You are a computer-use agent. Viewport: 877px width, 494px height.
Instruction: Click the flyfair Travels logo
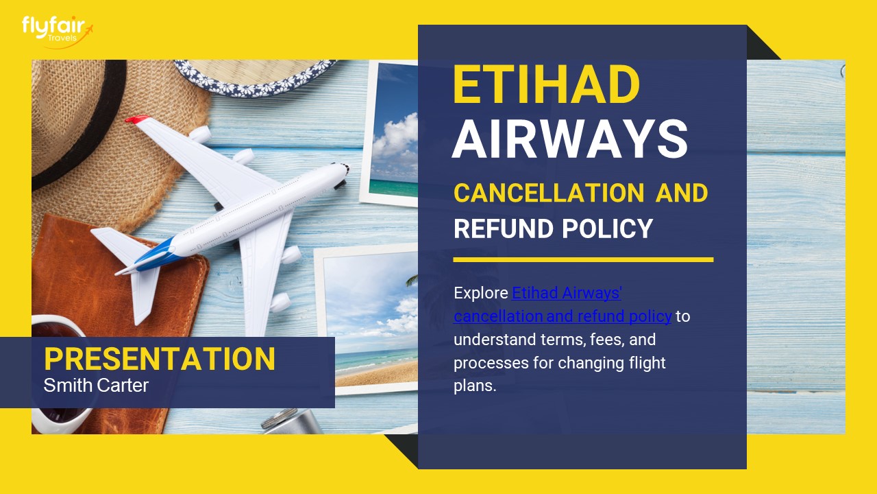56,30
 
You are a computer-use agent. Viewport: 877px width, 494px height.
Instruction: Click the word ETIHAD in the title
546,85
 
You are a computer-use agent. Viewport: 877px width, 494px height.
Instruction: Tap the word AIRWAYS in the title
569,139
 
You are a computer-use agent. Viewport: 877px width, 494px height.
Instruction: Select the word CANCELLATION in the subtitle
548,193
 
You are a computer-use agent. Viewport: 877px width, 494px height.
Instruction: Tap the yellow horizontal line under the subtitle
583,260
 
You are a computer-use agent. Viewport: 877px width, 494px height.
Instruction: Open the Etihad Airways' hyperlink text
567,294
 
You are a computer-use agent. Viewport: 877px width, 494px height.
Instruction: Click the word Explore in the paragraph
481,294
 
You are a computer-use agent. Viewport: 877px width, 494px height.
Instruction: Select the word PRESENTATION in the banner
160,360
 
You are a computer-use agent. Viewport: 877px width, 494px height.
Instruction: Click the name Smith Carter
96,386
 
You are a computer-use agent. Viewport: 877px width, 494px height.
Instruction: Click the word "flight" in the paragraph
646,362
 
